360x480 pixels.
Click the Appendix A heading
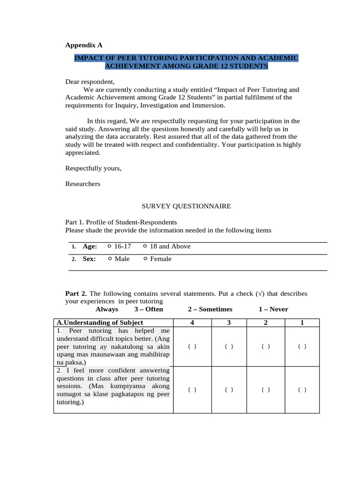(83, 45)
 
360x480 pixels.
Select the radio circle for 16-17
(109, 246)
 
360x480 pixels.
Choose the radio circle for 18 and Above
(145, 246)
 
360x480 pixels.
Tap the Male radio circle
(109, 259)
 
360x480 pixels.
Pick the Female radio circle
(145, 259)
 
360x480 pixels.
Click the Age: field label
(90, 246)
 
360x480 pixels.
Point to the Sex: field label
(89, 259)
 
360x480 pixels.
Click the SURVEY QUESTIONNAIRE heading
(186, 206)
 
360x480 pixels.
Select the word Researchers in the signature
(82, 184)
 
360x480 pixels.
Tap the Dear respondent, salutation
(90, 82)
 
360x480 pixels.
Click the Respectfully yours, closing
(93, 168)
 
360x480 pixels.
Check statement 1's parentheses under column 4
(192, 346)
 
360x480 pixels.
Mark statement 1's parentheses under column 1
(302, 346)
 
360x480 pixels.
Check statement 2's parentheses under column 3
(229, 390)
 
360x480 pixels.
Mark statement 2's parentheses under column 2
(266, 390)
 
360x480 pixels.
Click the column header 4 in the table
(192, 322)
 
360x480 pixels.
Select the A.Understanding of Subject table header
(99, 322)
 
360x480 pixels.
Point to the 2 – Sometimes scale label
(210, 309)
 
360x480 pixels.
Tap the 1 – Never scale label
(273, 309)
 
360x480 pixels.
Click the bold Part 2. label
(75, 294)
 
